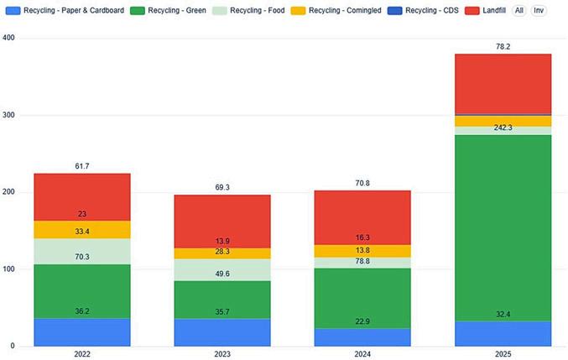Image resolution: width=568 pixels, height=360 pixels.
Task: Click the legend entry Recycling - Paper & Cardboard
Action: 65,11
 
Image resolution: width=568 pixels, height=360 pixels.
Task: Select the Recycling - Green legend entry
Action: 168,11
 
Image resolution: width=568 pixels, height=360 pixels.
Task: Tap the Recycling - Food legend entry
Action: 248,11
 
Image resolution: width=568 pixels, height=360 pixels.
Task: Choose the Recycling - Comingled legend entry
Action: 336,11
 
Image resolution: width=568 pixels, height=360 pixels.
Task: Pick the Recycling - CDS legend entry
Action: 423,11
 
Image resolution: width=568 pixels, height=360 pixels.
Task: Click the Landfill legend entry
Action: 486,11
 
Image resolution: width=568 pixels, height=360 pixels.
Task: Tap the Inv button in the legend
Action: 539,11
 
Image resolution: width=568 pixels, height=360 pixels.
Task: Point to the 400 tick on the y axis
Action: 8,38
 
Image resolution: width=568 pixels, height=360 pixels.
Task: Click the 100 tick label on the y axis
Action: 8,269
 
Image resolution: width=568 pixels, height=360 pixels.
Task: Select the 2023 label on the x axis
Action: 222,354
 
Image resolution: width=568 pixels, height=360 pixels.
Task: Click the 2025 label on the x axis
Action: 503,354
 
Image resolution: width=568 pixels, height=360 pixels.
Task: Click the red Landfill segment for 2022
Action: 82,197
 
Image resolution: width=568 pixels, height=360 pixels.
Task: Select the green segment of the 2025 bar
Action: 503,228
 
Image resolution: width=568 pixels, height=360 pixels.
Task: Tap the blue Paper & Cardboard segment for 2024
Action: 362,337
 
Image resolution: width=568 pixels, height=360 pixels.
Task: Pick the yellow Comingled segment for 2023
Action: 222,253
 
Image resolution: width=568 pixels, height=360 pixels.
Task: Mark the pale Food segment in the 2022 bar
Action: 82,252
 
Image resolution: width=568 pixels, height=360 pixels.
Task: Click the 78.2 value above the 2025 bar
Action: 503,47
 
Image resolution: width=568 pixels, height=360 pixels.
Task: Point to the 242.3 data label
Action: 503,128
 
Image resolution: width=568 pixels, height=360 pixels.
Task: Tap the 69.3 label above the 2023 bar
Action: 222,187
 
